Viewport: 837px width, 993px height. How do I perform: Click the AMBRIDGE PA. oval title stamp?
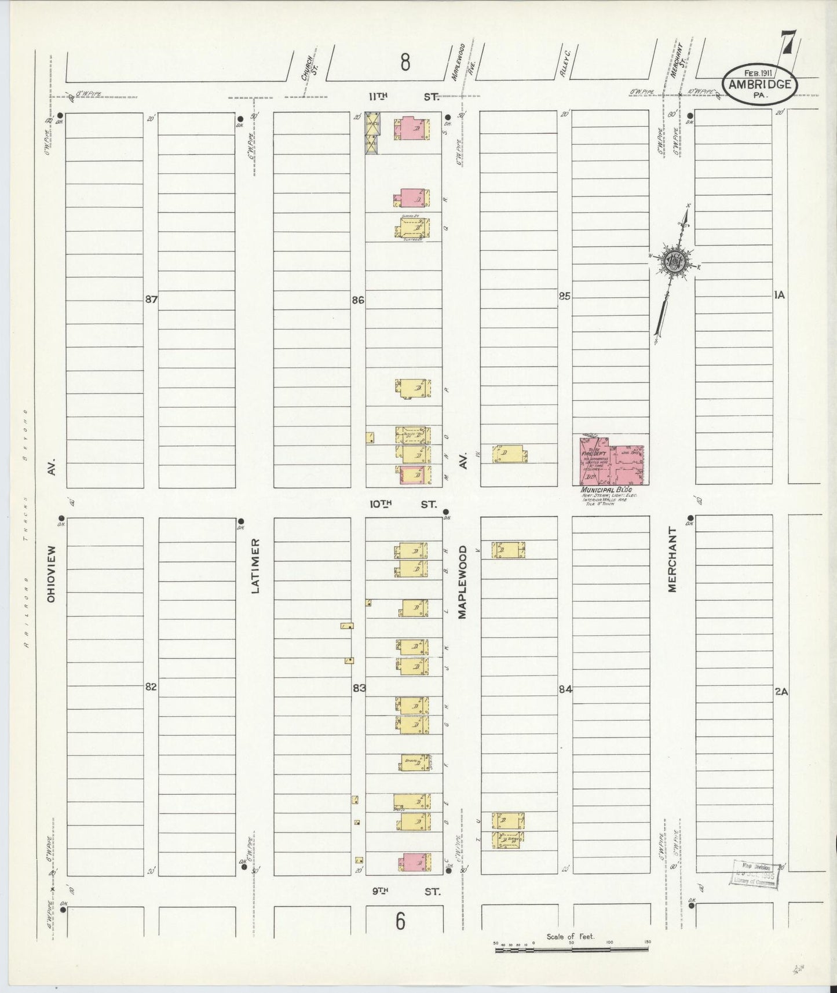point(759,85)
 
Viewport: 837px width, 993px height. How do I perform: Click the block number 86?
point(357,300)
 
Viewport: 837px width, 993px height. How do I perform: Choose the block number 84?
point(565,689)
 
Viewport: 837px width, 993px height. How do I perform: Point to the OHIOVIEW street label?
point(51,573)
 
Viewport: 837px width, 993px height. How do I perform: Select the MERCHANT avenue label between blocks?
point(672,559)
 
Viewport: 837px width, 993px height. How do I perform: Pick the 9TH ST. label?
point(405,892)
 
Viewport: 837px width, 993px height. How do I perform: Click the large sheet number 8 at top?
point(405,62)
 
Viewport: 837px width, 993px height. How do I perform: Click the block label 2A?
point(780,691)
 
